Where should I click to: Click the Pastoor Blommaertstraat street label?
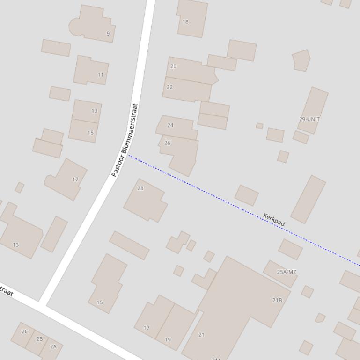pos(125,140)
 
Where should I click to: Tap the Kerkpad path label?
pos(274,220)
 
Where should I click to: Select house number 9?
pos(108,34)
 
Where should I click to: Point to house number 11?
pos(101,75)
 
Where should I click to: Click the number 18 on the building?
pos(185,22)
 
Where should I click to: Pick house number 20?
pos(173,66)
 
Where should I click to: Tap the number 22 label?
pos(169,87)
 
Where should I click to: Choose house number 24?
pos(170,125)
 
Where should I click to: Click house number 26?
pos(168,143)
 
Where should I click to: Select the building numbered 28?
pos(140,188)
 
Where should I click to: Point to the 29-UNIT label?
pos(309,119)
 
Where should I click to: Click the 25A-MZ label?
pos(287,272)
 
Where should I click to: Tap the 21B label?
pos(277,300)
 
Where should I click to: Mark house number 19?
pos(168,339)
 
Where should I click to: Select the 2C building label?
pos(25,331)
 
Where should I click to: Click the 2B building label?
pos(39,339)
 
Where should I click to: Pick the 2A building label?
pos(53,346)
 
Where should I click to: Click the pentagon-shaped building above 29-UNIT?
pos(301,60)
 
